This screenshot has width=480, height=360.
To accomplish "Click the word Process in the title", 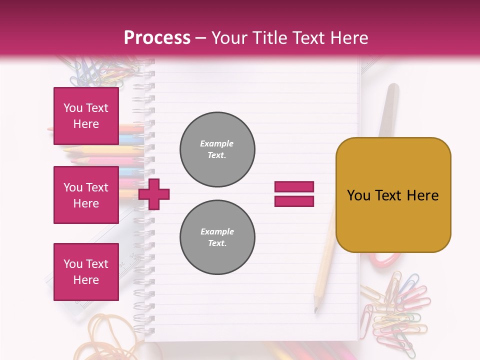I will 157,38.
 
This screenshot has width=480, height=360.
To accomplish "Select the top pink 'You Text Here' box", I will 86,116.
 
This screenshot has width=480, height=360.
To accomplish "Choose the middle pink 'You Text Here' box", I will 86,195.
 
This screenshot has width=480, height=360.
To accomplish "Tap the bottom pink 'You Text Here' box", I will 86,271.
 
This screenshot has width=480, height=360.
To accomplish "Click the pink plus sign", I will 154,194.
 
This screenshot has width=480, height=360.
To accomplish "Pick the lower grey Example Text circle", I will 217,237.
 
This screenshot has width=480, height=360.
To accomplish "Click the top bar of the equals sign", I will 294,187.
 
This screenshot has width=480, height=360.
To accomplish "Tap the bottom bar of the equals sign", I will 294,201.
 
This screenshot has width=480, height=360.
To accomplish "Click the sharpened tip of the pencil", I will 316,310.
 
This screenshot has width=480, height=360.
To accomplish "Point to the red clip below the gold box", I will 385,258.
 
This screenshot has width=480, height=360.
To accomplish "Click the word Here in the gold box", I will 422,195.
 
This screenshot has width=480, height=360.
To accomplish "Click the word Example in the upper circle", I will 216,143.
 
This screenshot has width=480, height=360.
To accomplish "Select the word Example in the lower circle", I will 216,231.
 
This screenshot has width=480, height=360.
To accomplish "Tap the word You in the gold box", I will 358,195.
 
